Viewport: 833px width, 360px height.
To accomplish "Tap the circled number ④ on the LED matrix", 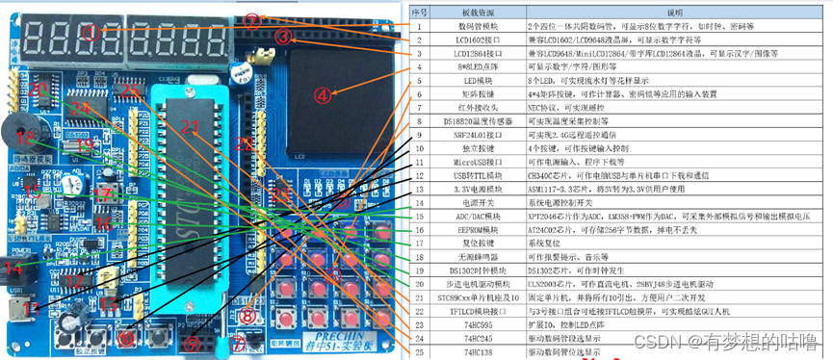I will click(x=325, y=94).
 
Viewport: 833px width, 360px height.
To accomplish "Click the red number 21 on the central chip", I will click(x=190, y=129).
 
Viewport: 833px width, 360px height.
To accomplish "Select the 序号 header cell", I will click(x=418, y=11).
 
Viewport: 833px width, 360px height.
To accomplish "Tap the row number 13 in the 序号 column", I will click(x=418, y=191).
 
